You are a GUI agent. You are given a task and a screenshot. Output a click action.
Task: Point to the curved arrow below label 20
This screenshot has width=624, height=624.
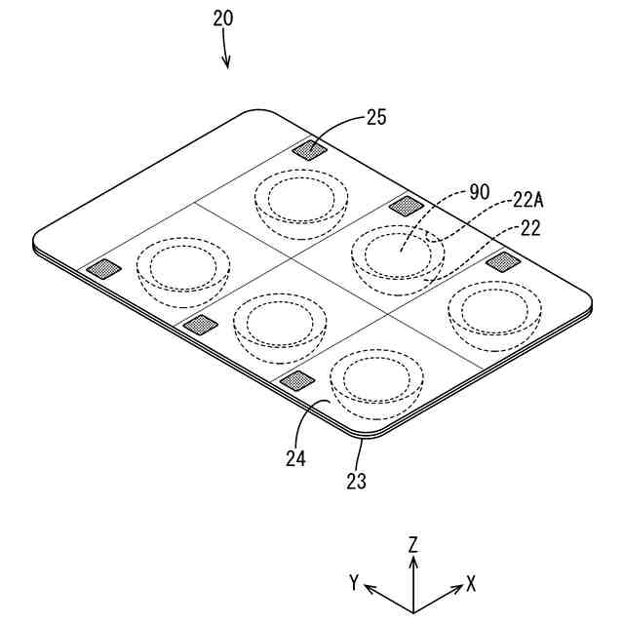point(226,51)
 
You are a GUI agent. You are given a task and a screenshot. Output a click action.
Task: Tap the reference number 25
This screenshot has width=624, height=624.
point(377,118)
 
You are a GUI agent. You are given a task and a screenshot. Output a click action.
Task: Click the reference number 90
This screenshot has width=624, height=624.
point(479,192)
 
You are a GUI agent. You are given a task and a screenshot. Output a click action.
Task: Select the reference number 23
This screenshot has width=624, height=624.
point(356,480)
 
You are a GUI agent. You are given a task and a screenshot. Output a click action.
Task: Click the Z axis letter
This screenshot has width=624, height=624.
point(413,544)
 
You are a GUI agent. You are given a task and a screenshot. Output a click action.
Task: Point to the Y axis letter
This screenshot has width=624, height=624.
point(357,583)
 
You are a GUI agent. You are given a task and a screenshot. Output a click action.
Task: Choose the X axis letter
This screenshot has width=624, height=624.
point(471,583)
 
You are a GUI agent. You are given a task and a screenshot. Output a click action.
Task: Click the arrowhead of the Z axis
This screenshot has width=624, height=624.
point(413,563)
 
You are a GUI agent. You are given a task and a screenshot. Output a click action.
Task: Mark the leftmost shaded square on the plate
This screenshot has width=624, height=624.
point(101,269)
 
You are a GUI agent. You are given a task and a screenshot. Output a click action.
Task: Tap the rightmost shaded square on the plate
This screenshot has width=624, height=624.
point(502,260)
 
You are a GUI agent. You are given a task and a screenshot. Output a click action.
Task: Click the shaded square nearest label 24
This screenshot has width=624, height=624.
point(296,380)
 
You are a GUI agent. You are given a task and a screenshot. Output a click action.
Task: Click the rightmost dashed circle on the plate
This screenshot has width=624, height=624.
point(494,310)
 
